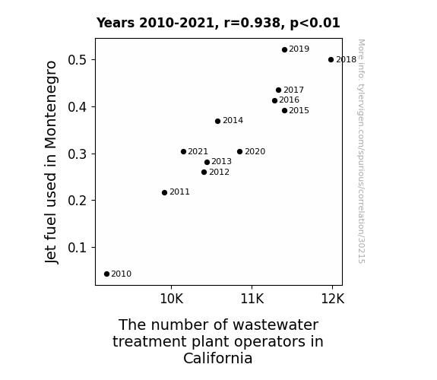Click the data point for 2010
106,274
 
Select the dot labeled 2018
331,60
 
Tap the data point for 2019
284,50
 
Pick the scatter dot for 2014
217,121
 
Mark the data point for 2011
164,192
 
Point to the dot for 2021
183,152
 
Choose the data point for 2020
239,152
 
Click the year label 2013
221,161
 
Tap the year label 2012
219,172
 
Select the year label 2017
293,90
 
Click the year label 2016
289,100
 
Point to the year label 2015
299,110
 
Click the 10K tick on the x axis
172,299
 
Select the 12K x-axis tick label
332,299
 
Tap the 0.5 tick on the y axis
78,60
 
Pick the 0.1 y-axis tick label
78,247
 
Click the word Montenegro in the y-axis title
51,105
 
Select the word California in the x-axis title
217,358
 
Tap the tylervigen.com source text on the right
361,151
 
